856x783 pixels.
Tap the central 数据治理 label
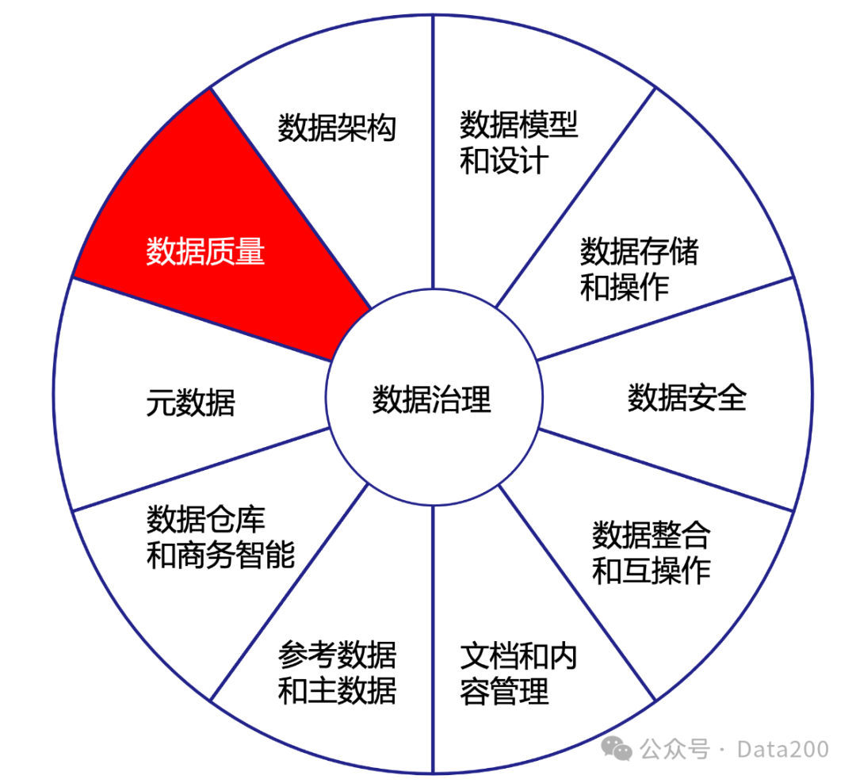point(432,399)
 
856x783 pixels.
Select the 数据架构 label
point(337,128)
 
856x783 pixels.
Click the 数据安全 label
point(687,397)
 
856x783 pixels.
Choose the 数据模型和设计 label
point(519,143)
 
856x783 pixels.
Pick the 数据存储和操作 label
point(639,269)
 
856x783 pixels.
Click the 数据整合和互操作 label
point(651,552)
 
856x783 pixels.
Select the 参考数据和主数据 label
point(337,674)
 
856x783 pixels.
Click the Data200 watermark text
point(782,749)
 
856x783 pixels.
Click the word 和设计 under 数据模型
point(504,162)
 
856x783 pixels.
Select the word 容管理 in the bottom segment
point(504,692)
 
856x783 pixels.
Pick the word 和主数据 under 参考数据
point(337,692)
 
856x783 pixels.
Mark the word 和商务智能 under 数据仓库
point(220,556)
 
